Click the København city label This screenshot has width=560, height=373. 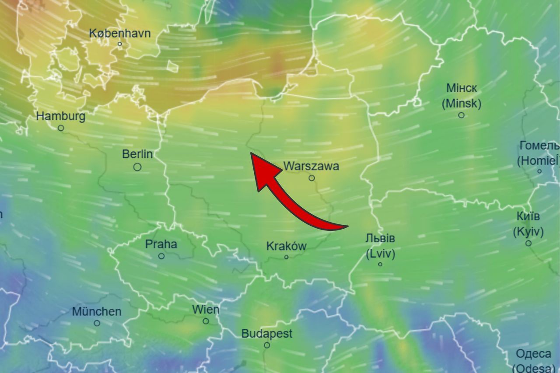click(x=120, y=33)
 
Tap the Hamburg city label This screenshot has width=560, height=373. click(x=61, y=116)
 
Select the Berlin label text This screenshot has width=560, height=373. click(x=137, y=154)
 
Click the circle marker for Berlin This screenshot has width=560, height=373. click(x=137, y=167)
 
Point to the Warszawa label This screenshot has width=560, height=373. click(x=311, y=166)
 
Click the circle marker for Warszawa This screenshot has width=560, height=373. click(x=311, y=178)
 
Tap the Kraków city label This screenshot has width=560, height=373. click(x=286, y=246)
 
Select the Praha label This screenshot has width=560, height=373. click(x=161, y=244)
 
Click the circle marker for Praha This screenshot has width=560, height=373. click(x=161, y=256)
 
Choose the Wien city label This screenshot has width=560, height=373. click(x=206, y=310)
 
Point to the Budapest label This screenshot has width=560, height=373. click(x=267, y=334)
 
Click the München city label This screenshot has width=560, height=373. click(x=97, y=312)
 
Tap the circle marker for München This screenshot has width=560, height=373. click(x=97, y=323)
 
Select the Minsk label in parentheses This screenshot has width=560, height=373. click(x=462, y=104)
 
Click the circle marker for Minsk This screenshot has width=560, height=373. click(x=461, y=115)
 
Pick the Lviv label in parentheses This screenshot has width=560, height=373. click(x=380, y=254)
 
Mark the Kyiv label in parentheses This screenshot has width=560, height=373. click(x=528, y=231)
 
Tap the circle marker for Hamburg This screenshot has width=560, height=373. click(x=61, y=128)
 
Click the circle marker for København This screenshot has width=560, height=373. click(x=120, y=44)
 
